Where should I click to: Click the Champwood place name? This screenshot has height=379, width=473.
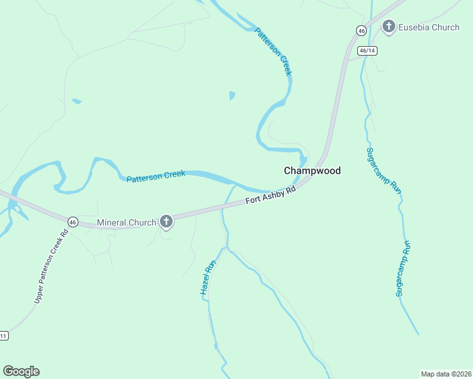point(312,171)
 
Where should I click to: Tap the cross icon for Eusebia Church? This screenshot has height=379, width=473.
point(388,27)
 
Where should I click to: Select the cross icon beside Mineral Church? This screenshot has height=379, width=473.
point(166,222)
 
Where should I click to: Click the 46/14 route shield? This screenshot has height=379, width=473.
point(367,51)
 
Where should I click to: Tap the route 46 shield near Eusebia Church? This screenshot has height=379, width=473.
point(360,30)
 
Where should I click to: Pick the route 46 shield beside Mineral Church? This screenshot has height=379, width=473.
point(73,222)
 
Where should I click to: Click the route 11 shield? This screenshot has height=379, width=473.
point(3,335)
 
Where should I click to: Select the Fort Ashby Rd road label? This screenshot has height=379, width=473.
point(271,195)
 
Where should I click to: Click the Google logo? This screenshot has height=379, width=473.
point(21,371)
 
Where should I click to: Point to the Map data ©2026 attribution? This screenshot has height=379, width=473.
point(446,374)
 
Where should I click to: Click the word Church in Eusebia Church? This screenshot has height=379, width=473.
point(446,27)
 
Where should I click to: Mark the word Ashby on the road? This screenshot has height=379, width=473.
point(276,194)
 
